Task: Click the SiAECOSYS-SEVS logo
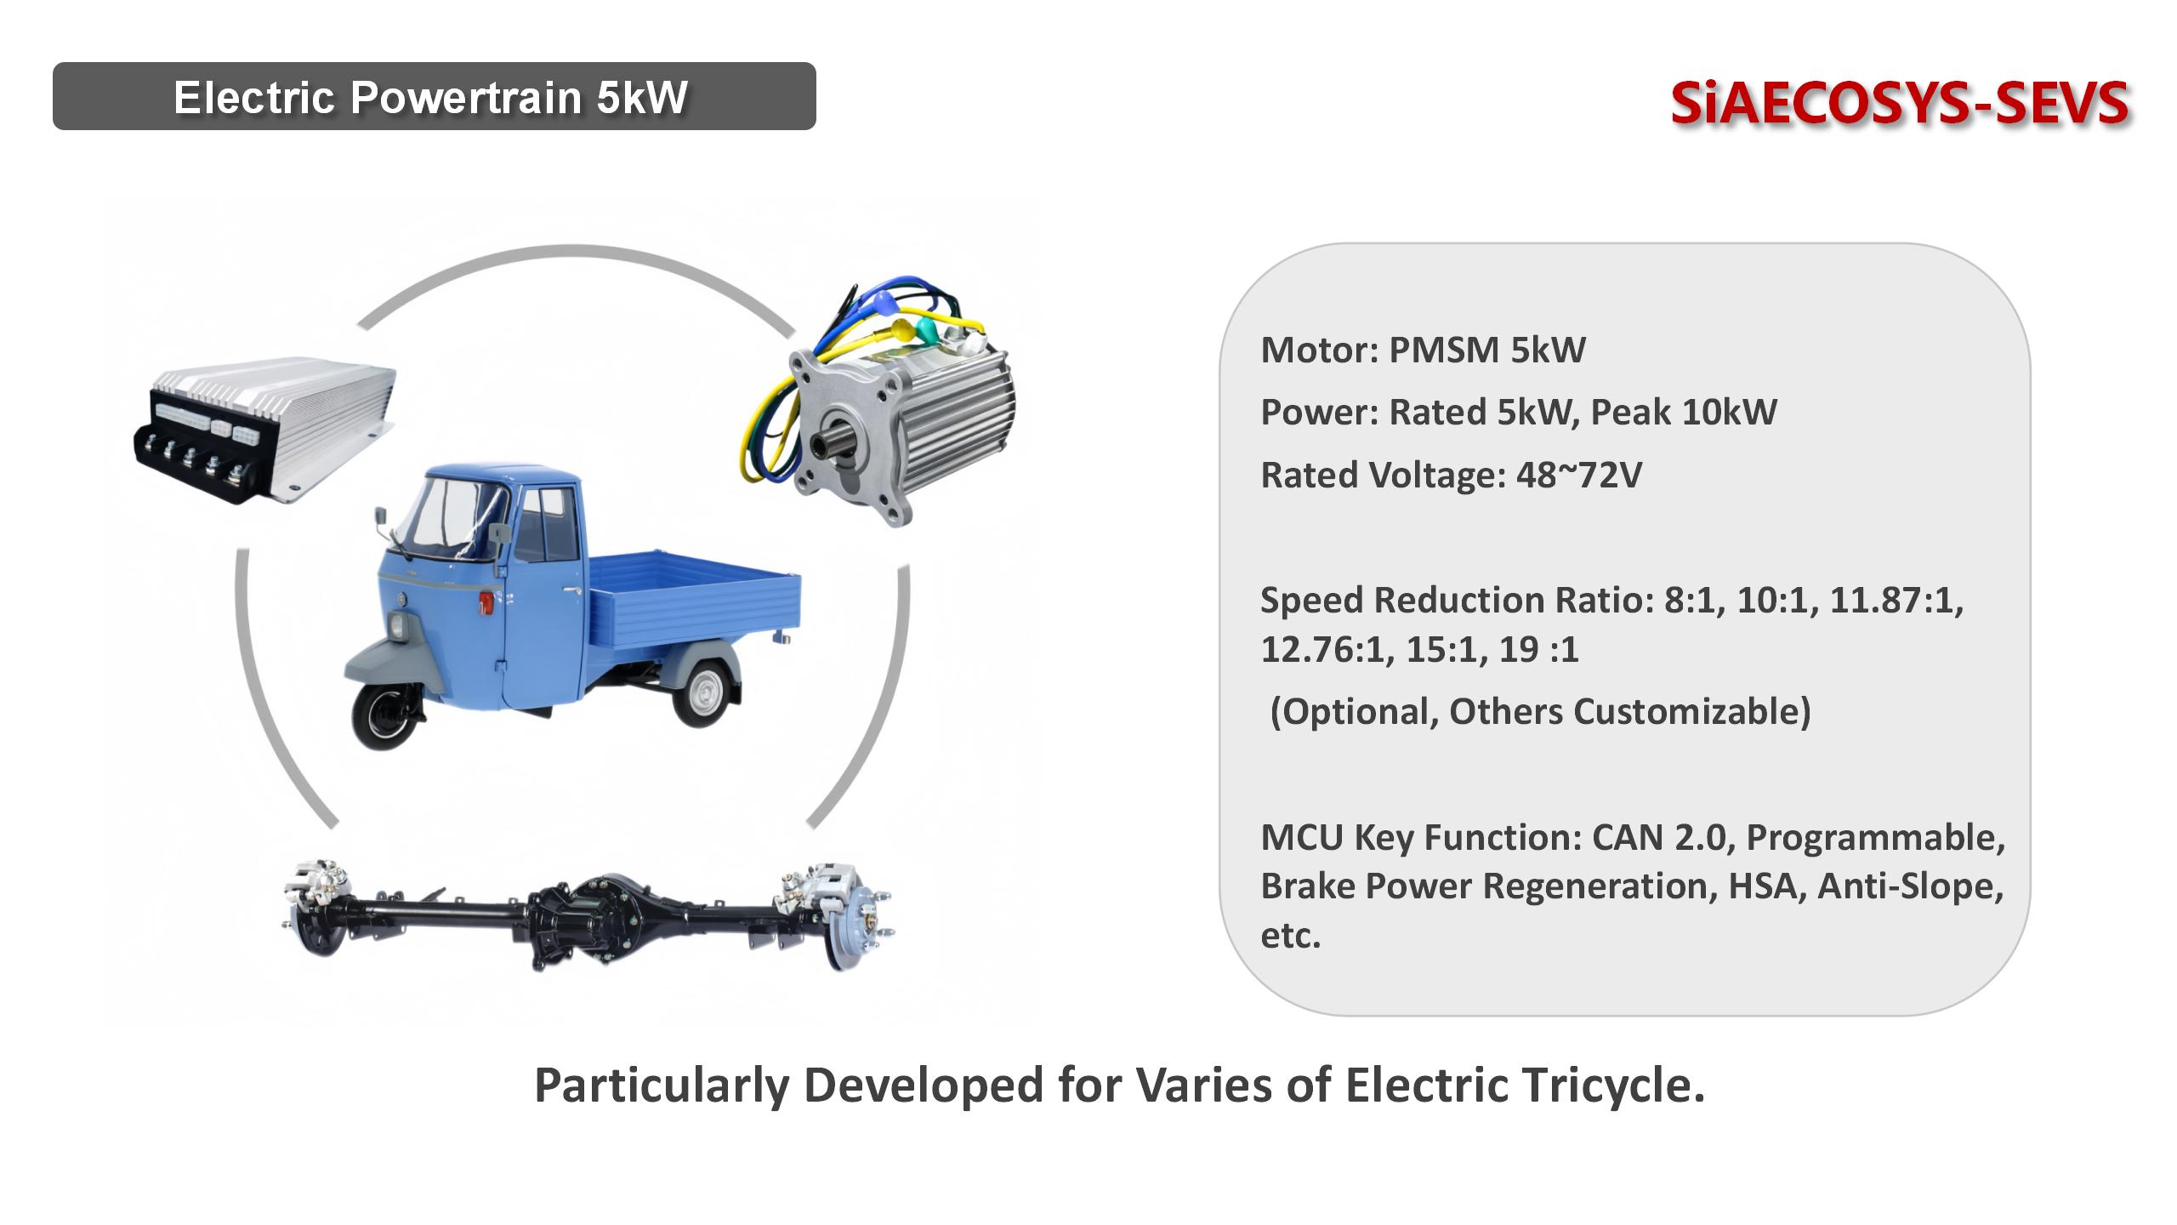[x=1899, y=103]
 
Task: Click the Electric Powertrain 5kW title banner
[x=434, y=96]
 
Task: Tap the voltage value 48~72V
[x=1578, y=476]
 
